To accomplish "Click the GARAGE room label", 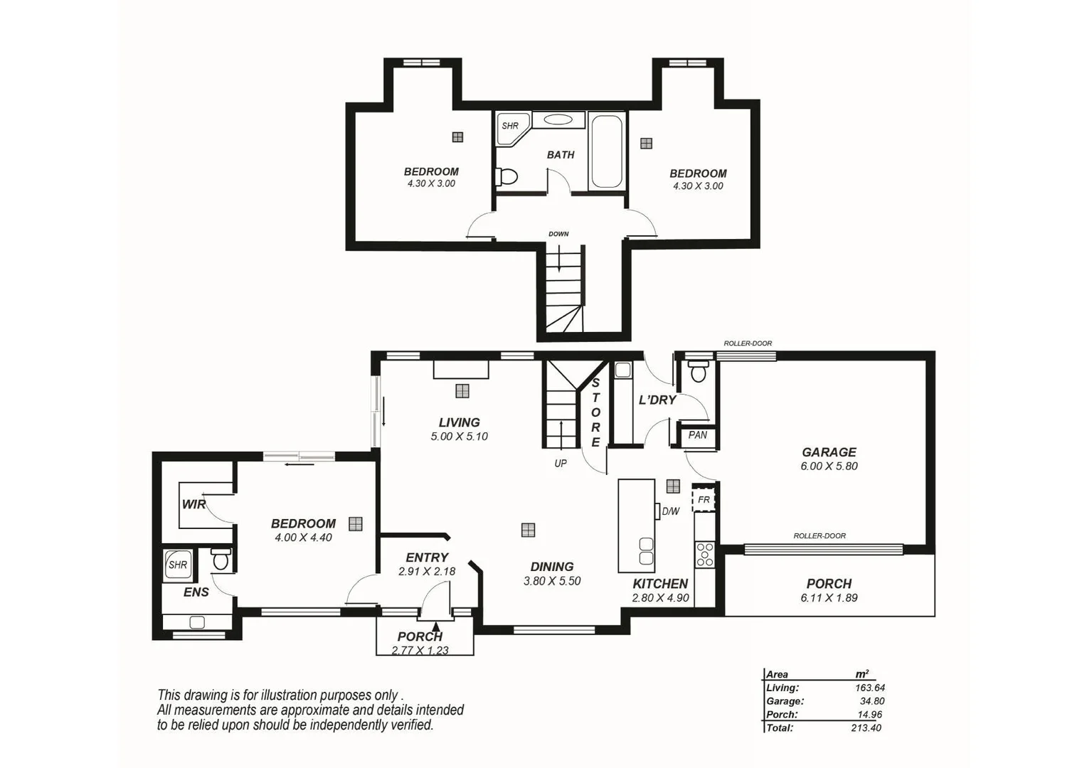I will point(829,452).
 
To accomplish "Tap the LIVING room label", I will point(459,422).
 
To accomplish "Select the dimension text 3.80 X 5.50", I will point(552,581).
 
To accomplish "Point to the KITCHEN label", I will point(660,584).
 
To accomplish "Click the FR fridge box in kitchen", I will point(704,500).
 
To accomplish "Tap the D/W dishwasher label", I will point(670,511).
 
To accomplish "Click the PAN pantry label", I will point(697,435).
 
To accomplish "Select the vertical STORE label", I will point(595,412).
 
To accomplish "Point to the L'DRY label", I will point(657,400).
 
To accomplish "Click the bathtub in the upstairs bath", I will point(606,151).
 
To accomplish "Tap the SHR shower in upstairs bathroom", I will point(510,126).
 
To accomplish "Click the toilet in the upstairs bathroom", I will point(506,176).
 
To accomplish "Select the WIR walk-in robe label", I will point(193,504).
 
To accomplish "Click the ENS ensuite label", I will point(196,592).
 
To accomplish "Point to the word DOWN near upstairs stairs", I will point(558,234).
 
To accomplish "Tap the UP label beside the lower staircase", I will point(561,464).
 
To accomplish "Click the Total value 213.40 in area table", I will point(866,728).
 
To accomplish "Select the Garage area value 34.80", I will point(871,701).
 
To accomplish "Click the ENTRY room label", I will point(427,558).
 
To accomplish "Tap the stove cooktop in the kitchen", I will point(704,554).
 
